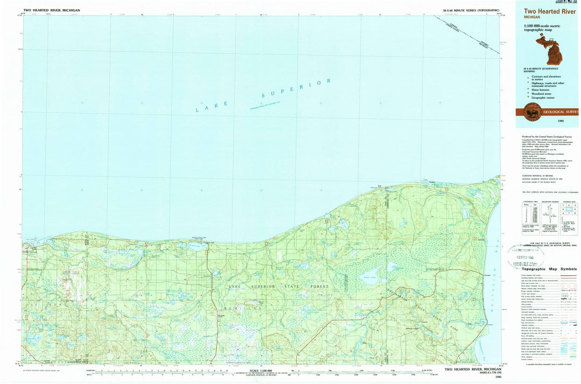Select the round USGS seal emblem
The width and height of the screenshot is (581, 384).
click(x=533, y=112)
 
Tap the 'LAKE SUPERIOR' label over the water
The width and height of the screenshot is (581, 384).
click(x=263, y=96)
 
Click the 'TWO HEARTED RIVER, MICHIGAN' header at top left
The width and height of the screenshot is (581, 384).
click(x=52, y=10)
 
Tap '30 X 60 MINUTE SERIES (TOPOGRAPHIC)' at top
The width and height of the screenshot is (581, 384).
click(x=471, y=10)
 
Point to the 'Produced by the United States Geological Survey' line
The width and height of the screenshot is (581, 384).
click(x=543, y=137)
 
